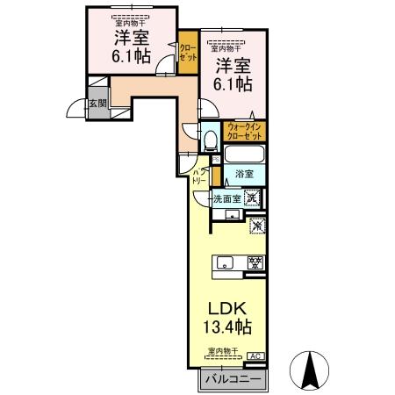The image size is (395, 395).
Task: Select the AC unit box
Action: (255, 356)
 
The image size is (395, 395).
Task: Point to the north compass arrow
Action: (310, 370)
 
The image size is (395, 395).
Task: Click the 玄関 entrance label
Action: (97, 104)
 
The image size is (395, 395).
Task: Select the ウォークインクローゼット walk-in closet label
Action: (242, 133)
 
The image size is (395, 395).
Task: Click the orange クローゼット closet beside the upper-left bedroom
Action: (188, 51)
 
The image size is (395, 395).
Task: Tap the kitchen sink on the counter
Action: (224, 262)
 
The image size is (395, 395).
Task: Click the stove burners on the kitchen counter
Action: (255, 262)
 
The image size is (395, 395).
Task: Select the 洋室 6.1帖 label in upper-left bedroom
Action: (131, 47)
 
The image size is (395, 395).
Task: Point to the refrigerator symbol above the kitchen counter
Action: (257, 227)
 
